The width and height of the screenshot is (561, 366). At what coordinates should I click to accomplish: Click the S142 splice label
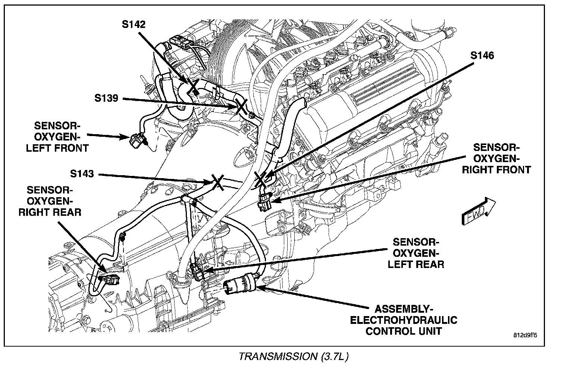(133, 25)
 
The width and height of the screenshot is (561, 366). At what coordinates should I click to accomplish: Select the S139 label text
(106, 98)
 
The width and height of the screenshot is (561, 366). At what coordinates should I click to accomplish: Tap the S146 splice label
(482, 56)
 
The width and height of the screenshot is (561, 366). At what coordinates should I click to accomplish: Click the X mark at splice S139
(240, 106)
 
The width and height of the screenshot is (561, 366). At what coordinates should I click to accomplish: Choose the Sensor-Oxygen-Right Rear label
(50, 201)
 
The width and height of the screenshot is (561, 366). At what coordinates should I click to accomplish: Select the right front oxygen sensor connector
(264, 203)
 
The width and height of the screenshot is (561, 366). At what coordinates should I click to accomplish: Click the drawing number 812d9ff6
(525, 335)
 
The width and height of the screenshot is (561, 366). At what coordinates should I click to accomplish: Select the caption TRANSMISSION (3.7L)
(294, 357)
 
